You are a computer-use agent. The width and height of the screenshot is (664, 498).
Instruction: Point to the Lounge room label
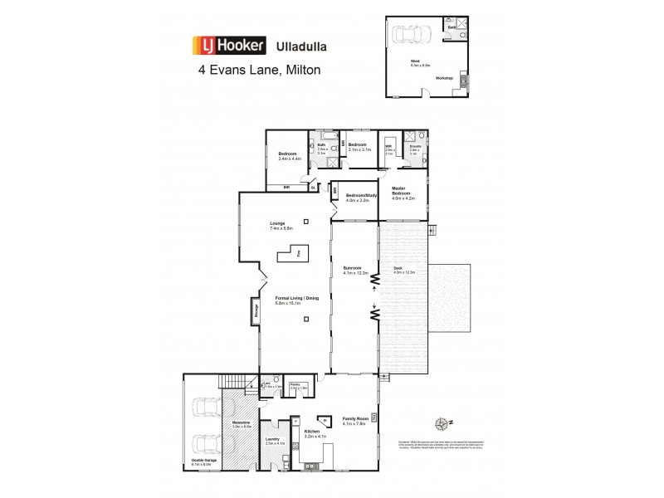coord(278,223)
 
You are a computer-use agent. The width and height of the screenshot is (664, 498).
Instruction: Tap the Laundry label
coord(271,440)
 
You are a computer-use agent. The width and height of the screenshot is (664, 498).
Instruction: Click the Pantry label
coord(295,384)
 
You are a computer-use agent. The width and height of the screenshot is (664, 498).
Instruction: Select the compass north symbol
coord(447,423)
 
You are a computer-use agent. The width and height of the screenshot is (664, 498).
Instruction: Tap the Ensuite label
coord(414,147)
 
